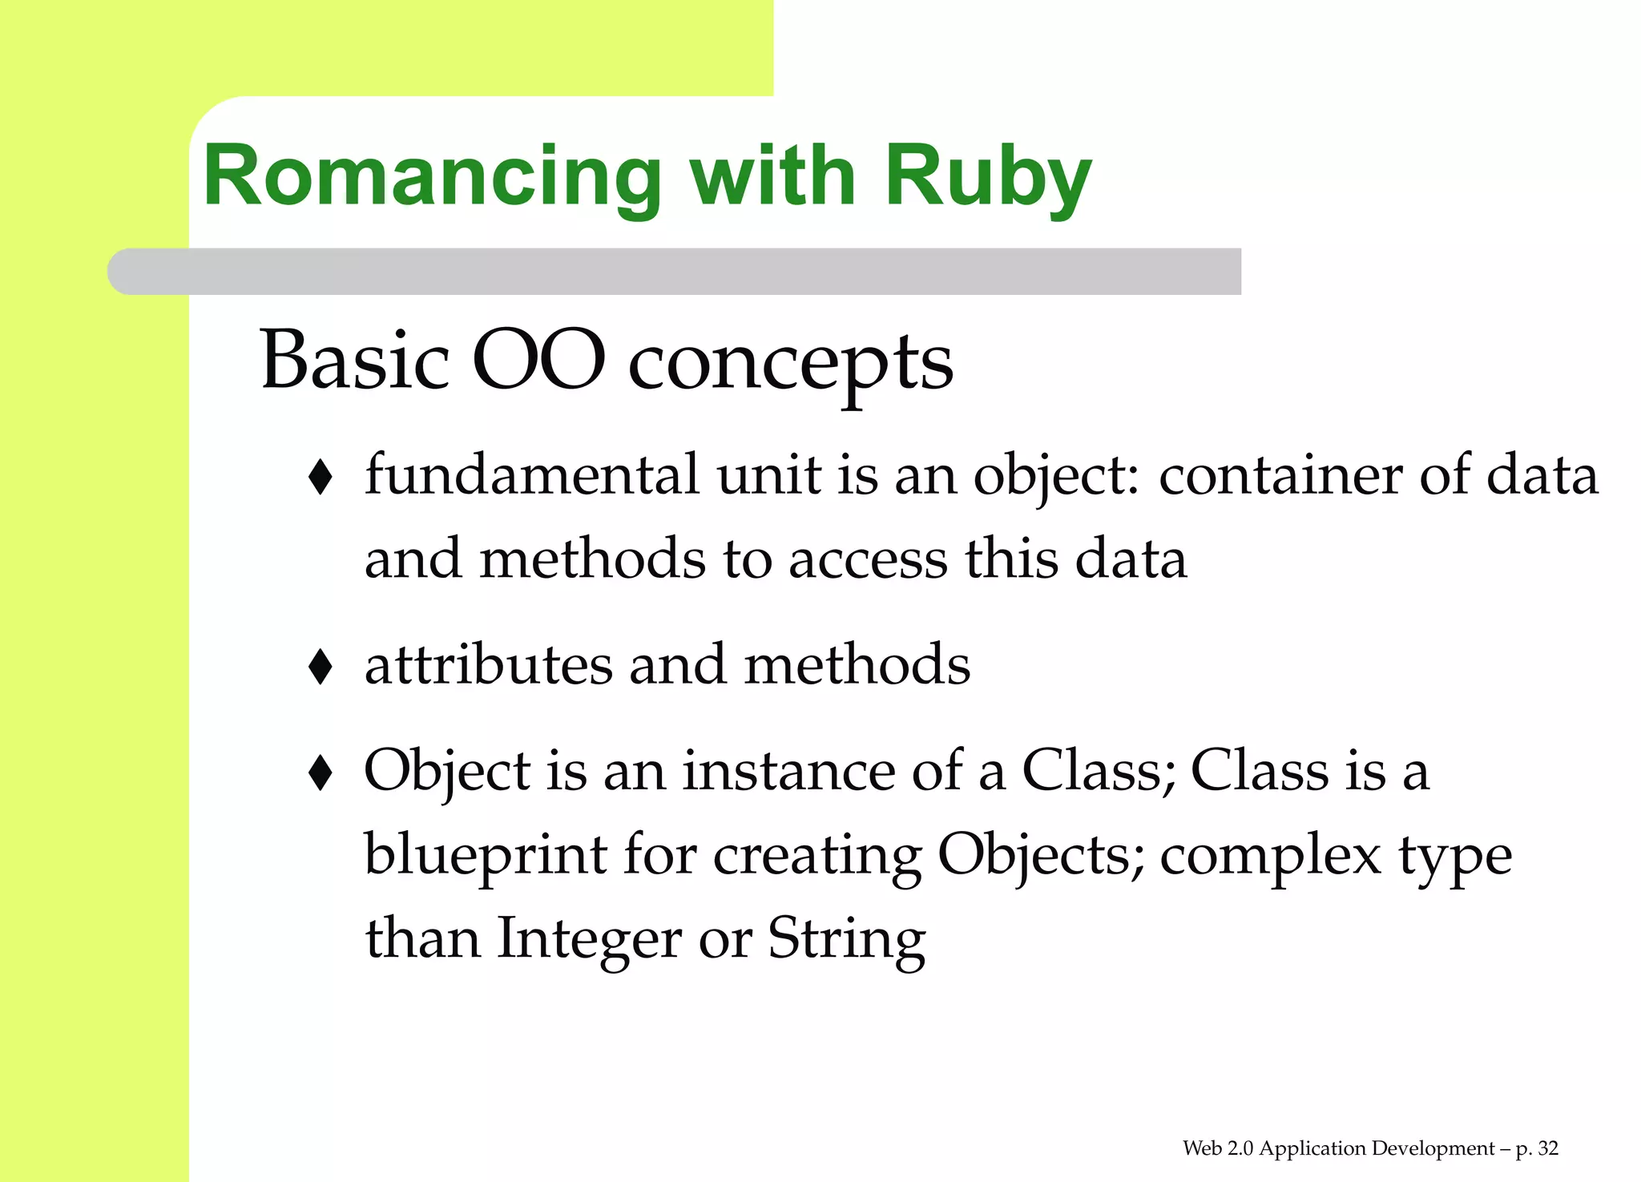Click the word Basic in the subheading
pos(354,361)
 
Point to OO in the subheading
pos(538,361)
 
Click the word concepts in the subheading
pos(790,365)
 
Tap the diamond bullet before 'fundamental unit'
pos(321,478)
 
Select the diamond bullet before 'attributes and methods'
pos(321,667)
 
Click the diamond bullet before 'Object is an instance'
pos(321,773)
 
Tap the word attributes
pos(488,665)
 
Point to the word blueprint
pos(486,855)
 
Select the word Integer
pos(589,939)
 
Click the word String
pos(846,939)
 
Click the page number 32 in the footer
pos(1548,1148)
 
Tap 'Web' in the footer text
pos(1202,1148)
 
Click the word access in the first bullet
pos(868,559)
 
